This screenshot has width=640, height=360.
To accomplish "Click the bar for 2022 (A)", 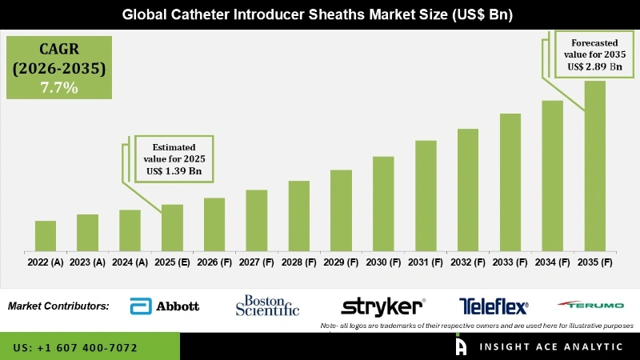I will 46,235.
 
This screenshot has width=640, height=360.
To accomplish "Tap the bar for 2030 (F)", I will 384,203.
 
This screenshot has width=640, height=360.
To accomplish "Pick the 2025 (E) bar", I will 172,227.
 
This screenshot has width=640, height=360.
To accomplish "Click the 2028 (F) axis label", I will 299,262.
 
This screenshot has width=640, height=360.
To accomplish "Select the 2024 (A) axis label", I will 130,262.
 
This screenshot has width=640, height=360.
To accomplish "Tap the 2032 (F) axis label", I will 468,262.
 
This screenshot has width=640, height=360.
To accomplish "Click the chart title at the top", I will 320,14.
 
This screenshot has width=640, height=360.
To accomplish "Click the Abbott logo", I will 164,306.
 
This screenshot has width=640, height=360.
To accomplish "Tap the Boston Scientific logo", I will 267,306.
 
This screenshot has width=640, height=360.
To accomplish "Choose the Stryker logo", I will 382,306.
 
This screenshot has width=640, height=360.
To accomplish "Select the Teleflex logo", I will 494,306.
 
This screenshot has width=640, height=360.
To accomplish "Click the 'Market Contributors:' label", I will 58,306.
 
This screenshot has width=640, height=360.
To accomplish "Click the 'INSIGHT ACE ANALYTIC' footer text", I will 551,346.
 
